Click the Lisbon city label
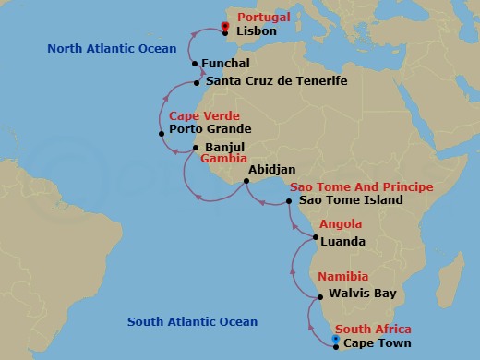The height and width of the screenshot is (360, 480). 257,31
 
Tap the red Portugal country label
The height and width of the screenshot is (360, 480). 263,18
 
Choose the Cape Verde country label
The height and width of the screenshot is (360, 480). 204,116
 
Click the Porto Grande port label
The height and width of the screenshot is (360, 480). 210,130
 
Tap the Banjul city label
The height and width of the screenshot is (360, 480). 224,146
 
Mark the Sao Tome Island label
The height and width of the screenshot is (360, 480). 351,199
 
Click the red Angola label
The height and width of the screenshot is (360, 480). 342,224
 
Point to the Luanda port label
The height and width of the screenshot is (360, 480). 342,242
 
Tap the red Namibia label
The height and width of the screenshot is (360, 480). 343,277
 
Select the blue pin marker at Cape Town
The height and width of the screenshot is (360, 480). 335,339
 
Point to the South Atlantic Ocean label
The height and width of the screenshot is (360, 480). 192,322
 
